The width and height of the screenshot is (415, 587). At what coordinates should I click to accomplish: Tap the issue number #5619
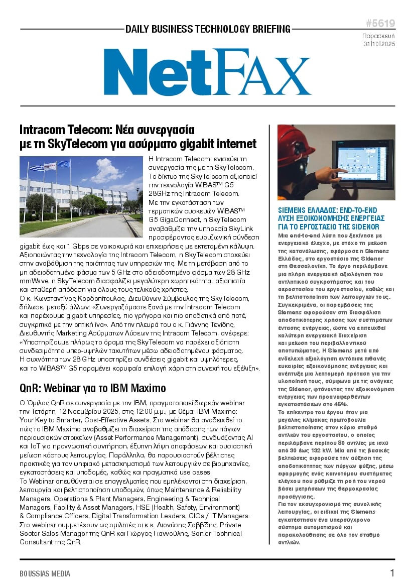(380, 24)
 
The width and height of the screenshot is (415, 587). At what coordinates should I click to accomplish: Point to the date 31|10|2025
(379, 45)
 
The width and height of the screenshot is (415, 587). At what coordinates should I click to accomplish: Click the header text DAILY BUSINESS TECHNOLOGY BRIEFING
(208, 29)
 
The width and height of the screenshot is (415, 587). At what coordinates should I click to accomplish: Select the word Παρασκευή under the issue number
(379, 36)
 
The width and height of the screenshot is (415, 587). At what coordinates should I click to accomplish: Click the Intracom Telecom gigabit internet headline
(137, 137)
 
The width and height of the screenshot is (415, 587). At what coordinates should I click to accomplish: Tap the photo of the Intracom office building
(81, 196)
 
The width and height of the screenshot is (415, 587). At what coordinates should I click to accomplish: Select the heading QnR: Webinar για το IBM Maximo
(92, 388)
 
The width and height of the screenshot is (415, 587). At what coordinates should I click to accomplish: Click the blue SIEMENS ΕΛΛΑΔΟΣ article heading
(331, 218)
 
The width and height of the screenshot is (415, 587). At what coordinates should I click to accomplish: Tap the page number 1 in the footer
(392, 573)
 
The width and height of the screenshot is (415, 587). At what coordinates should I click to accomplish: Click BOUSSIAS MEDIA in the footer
(45, 573)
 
